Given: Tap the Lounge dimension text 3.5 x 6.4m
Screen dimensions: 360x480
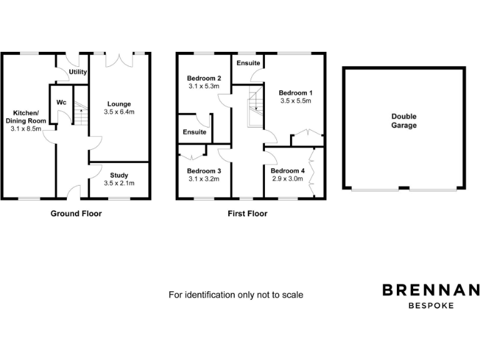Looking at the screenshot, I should coord(119,112).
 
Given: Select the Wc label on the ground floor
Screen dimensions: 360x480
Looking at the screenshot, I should coord(61,102).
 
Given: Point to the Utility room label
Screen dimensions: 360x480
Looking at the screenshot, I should coord(78,72).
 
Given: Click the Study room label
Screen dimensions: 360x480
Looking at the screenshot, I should coord(119,175).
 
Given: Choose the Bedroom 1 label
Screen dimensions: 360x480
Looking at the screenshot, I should coord(296,92).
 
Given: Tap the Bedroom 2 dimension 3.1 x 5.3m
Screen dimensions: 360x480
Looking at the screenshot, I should coord(204,86).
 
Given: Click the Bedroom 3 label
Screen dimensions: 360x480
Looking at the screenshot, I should coord(204,171).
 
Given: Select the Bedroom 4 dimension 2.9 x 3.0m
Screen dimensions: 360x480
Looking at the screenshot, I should coord(287,179).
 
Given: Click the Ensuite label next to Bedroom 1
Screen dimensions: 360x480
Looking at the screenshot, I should coord(248,63).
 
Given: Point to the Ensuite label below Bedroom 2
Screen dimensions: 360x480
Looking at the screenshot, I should coord(194,132).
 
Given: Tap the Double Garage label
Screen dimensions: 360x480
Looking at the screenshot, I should coord(404,121).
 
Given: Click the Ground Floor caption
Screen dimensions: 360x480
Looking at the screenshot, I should coord(76,214).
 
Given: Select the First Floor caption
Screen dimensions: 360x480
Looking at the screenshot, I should coord(247,214).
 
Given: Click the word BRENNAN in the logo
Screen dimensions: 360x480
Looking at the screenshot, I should coord(431,290).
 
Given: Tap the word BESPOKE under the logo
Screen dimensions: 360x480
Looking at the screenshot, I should coord(431,306).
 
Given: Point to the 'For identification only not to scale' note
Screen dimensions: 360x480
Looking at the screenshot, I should coord(236,294).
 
